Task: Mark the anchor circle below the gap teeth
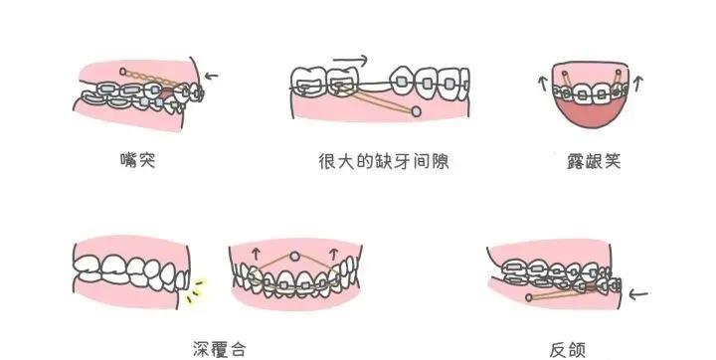click(415, 112)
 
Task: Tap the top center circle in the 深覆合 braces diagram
click(293, 257)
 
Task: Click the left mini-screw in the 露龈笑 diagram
click(563, 75)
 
